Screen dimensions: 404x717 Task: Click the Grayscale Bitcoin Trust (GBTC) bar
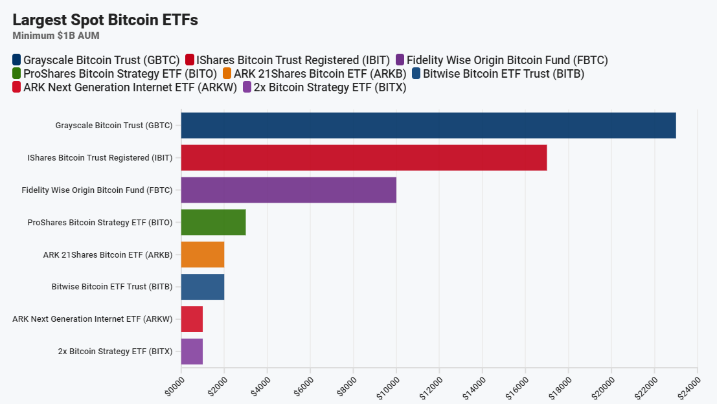tap(428, 125)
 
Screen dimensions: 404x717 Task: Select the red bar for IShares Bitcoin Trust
tap(364, 157)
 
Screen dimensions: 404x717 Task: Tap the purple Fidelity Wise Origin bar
tap(288, 190)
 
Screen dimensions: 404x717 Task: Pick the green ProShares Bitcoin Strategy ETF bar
tap(213, 222)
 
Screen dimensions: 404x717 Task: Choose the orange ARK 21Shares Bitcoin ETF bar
tap(203, 254)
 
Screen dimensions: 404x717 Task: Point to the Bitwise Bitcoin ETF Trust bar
tap(203, 287)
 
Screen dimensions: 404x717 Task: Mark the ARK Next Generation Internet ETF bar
tap(192, 319)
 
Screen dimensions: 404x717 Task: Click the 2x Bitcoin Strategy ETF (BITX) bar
tap(192, 352)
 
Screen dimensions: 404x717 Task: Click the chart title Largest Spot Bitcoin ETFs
tap(105, 20)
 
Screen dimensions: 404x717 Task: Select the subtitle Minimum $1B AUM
tap(56, 36)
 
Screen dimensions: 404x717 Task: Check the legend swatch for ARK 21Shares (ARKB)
tap(227, 74)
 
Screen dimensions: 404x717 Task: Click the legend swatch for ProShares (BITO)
tap(17, 74)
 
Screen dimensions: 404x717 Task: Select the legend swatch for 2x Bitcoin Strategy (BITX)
tap(247, 87)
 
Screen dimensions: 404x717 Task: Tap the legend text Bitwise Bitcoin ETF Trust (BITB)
tap(503, 74)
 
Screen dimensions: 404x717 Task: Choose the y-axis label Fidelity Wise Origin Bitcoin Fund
tap(97, 190)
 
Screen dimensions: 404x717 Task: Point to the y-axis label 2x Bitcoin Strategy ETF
tap(115, 352)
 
